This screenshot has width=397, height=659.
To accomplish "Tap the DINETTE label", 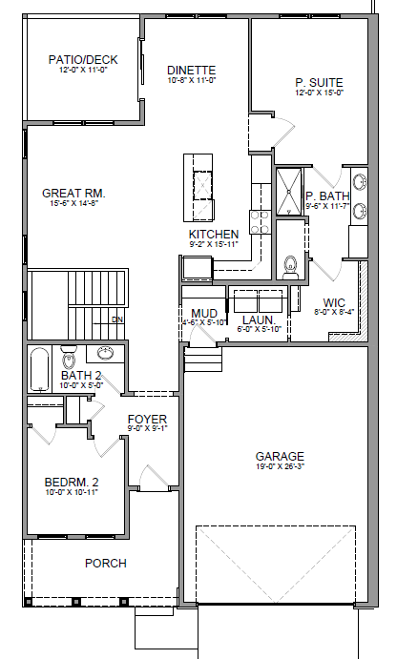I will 191,71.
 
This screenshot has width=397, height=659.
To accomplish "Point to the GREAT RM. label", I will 73,194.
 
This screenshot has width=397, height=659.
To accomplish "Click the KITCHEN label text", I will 213,234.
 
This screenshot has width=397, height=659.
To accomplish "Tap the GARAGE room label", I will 280,456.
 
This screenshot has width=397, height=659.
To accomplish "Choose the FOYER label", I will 147,420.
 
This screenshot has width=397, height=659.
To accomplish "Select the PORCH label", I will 105,563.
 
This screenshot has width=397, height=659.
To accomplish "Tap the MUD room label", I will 203,313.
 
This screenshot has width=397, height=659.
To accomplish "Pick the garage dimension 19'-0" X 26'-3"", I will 280,467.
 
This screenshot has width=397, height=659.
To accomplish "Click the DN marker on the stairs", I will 117,319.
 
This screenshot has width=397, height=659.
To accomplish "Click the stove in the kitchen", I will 260,222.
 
